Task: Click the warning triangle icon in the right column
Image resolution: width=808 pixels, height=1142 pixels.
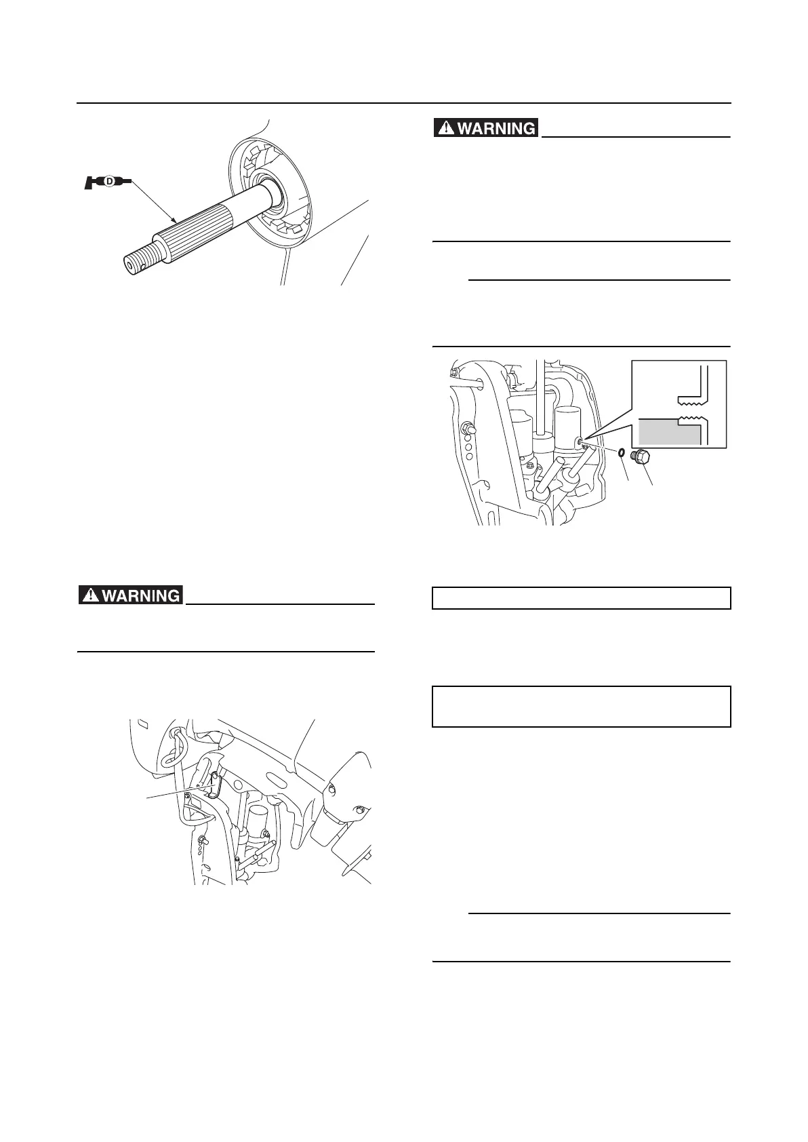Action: pos(446,127)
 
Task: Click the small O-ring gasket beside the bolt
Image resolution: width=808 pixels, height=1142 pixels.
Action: pos(621,452)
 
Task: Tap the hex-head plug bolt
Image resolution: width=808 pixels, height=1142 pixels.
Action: pos(641,458)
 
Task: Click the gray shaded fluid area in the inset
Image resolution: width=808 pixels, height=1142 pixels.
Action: pos(668,431)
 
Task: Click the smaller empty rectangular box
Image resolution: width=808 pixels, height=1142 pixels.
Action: pos(581,598)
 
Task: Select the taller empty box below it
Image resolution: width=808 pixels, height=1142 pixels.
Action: pos(581,706)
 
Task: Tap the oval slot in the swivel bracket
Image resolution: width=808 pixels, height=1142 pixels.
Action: pos(279,774)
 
